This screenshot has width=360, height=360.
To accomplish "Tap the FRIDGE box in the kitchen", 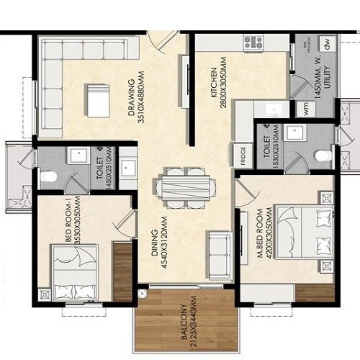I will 242,154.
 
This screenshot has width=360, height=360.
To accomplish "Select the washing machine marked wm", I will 302,106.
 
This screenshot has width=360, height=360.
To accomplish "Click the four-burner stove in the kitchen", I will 253,43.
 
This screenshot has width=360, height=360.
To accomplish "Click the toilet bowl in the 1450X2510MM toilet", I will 48,176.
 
